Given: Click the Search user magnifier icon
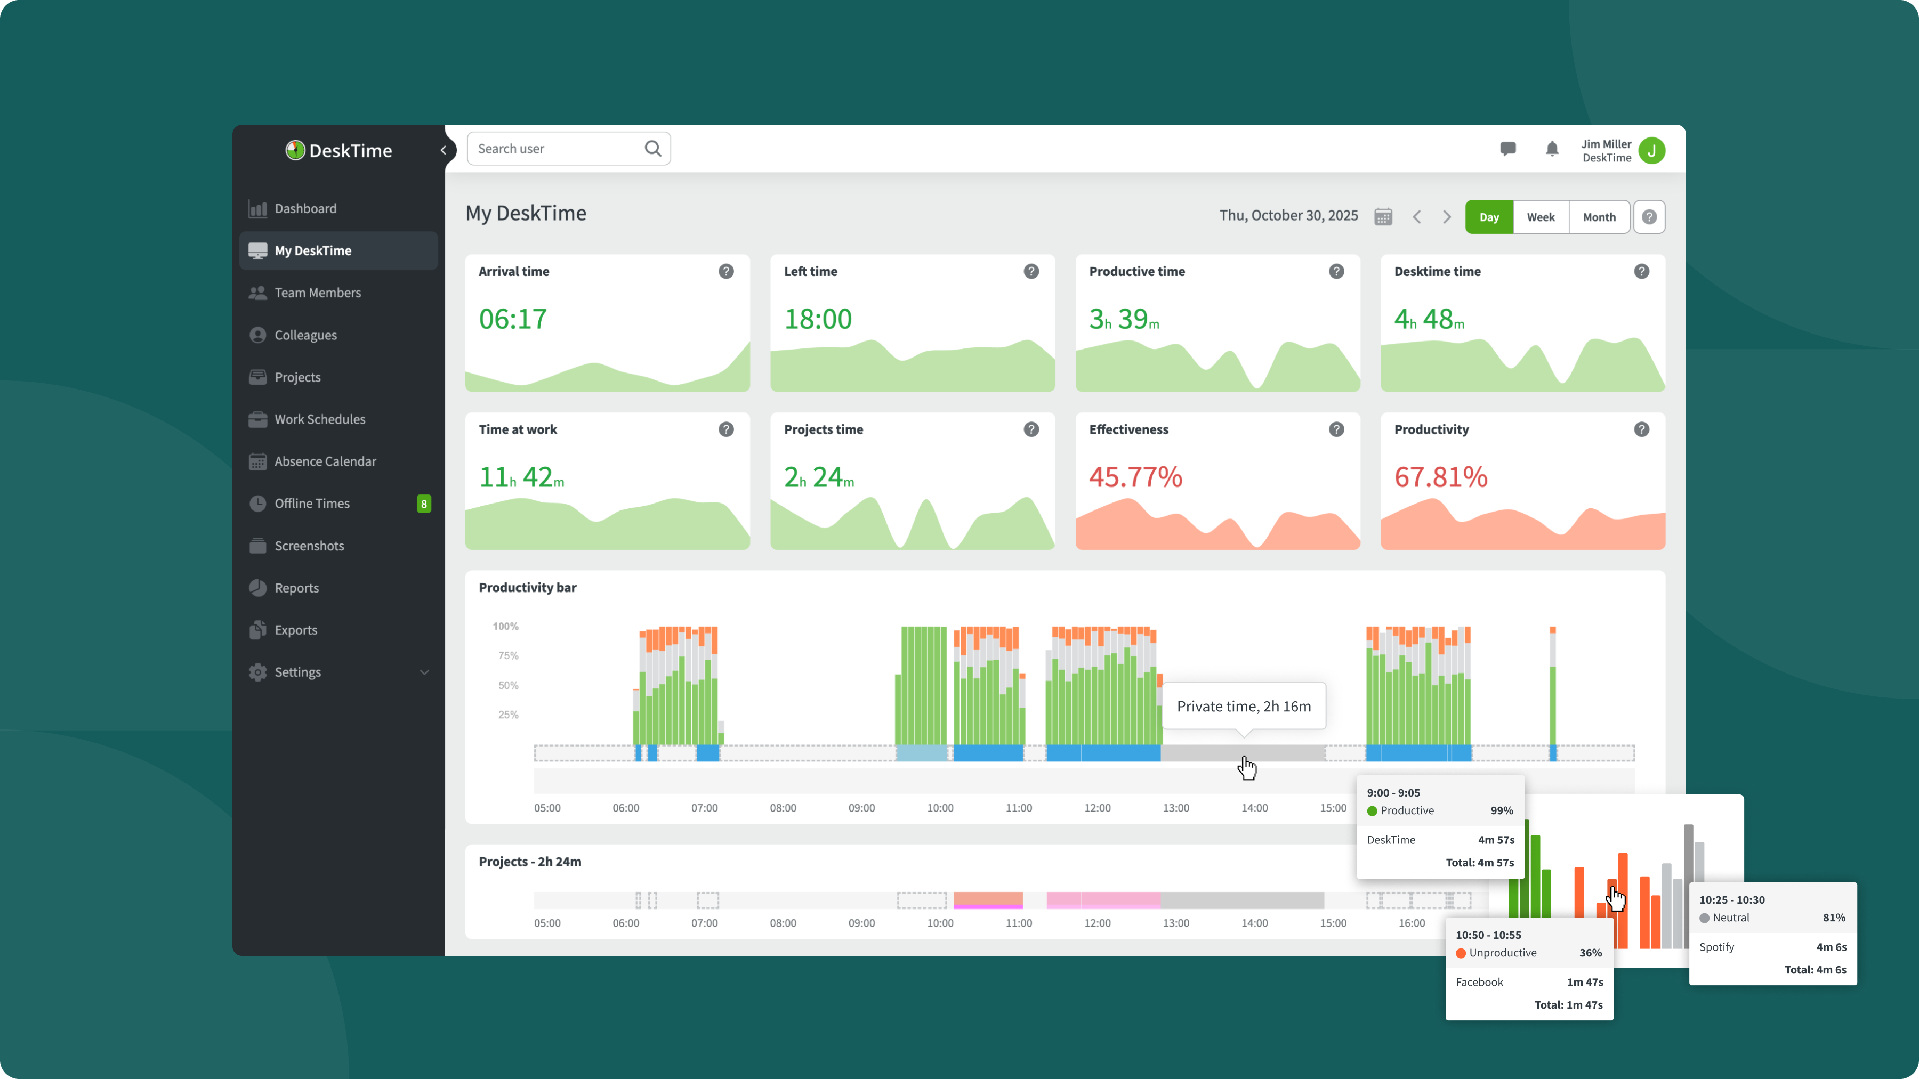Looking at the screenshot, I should [x=652, y=149].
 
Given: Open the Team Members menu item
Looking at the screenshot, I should [x=317, y=293].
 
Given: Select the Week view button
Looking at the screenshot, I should [x=1541, y=217].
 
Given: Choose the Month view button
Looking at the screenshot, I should [x=1599, y=217].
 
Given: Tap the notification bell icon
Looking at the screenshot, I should [x=1552, y=150].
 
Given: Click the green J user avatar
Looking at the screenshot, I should [x=1651, y=150].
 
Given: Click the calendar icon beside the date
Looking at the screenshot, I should [x=1383, y=217].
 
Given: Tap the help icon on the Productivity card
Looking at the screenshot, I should [x=1641, y=429].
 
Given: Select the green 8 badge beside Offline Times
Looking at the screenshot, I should [x=424, y=504].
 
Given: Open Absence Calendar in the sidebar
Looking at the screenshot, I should [x=325, y=461].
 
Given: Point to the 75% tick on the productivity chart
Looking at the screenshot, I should [x=508, y=656].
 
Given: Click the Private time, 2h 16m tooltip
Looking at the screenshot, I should [x=1243, y=707].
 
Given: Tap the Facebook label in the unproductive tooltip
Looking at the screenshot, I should [x=1479, y=982].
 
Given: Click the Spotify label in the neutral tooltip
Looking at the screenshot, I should [x=1716, y=947].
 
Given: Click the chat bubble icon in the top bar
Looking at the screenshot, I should [x=1508, y=149].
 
